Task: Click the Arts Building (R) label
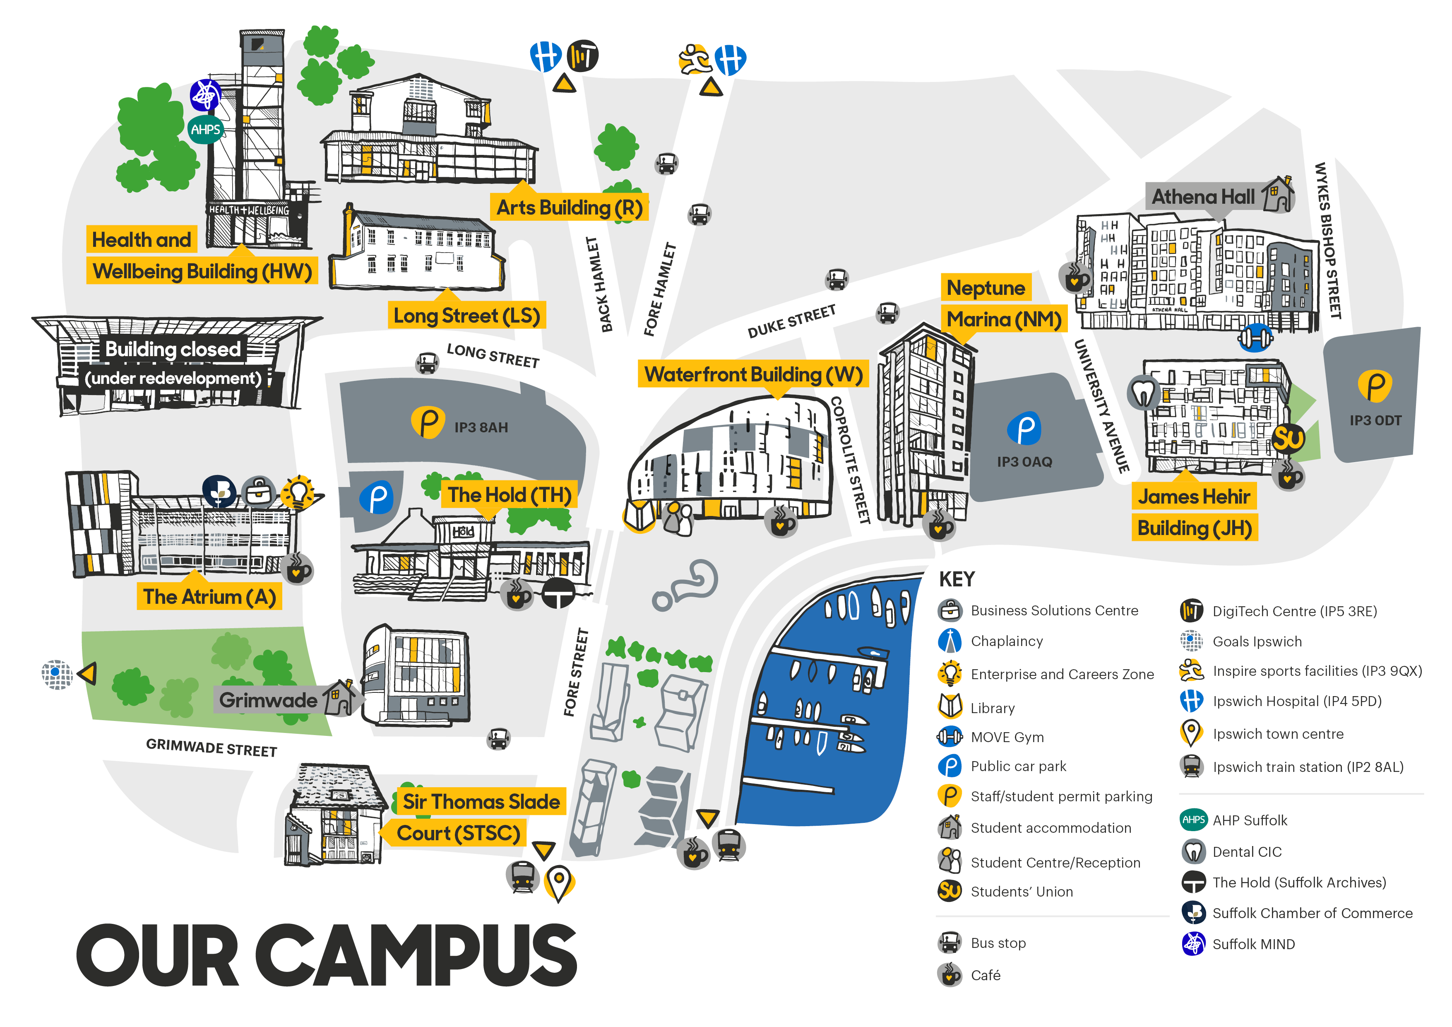tap(569, 207)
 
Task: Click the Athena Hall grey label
tap(1203, 197)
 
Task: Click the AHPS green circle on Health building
tap(206, 130)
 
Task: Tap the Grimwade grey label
tap(268, 700)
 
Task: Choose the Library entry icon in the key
tap(950, 707)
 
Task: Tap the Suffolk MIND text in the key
tap(1253, 944)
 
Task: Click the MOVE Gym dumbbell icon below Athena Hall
tap(1254, 337)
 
